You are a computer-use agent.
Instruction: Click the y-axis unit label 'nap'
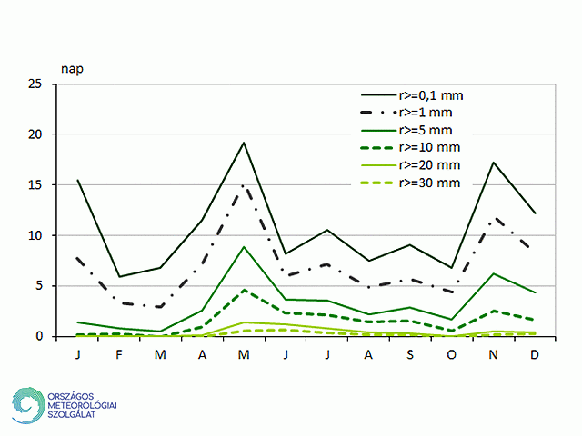(x=72, y=68)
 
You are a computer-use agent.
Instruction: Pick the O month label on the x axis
(x=453, y=352)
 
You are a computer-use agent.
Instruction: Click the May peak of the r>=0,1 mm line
(x=245, y=143)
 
